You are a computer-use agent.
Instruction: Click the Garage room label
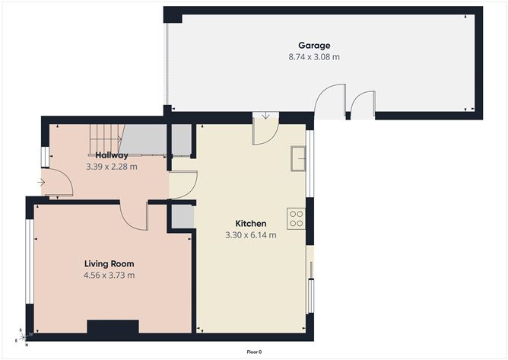pyautogui.click(x=314, y=46)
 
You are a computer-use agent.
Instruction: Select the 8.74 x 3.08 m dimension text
pyautogui.click(x=314, y=56)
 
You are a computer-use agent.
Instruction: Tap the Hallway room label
pyautogui.click(x=112, y=155)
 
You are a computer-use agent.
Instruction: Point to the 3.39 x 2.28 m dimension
pyautogui.click(x=112, y=166)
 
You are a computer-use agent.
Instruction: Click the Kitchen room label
pyautogui.click(x=250, y=224)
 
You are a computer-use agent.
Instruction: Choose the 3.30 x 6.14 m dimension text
pyautogui.click(x=250, y=235)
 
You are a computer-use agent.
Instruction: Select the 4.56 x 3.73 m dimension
pyautogui.click(x=109, y=275)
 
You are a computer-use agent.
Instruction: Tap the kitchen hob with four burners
pyautogui.click(x=296, y=218)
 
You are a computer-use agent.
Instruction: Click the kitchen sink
pyautogui.click(x=297, y=160)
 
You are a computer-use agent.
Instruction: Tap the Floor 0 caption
pyautogui.click(x=254, y=352)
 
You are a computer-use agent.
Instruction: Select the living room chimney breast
pyautogui.click(x=113, y=328)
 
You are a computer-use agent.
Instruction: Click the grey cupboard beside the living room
pyautogui.click(x=183, y=216)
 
